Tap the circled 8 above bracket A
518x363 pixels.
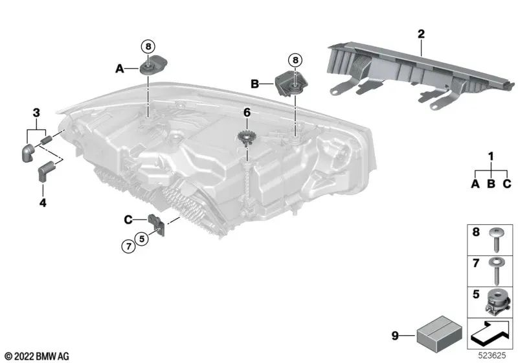(148, 46)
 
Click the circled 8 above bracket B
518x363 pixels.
(295, 60)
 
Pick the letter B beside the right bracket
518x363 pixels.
(254, 84)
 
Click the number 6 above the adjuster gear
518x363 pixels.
(247, 112)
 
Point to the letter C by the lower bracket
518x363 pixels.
(128, 220)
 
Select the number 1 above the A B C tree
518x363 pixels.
(490, 156)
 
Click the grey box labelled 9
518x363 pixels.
(433, 335)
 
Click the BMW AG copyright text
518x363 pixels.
(36, 356)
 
